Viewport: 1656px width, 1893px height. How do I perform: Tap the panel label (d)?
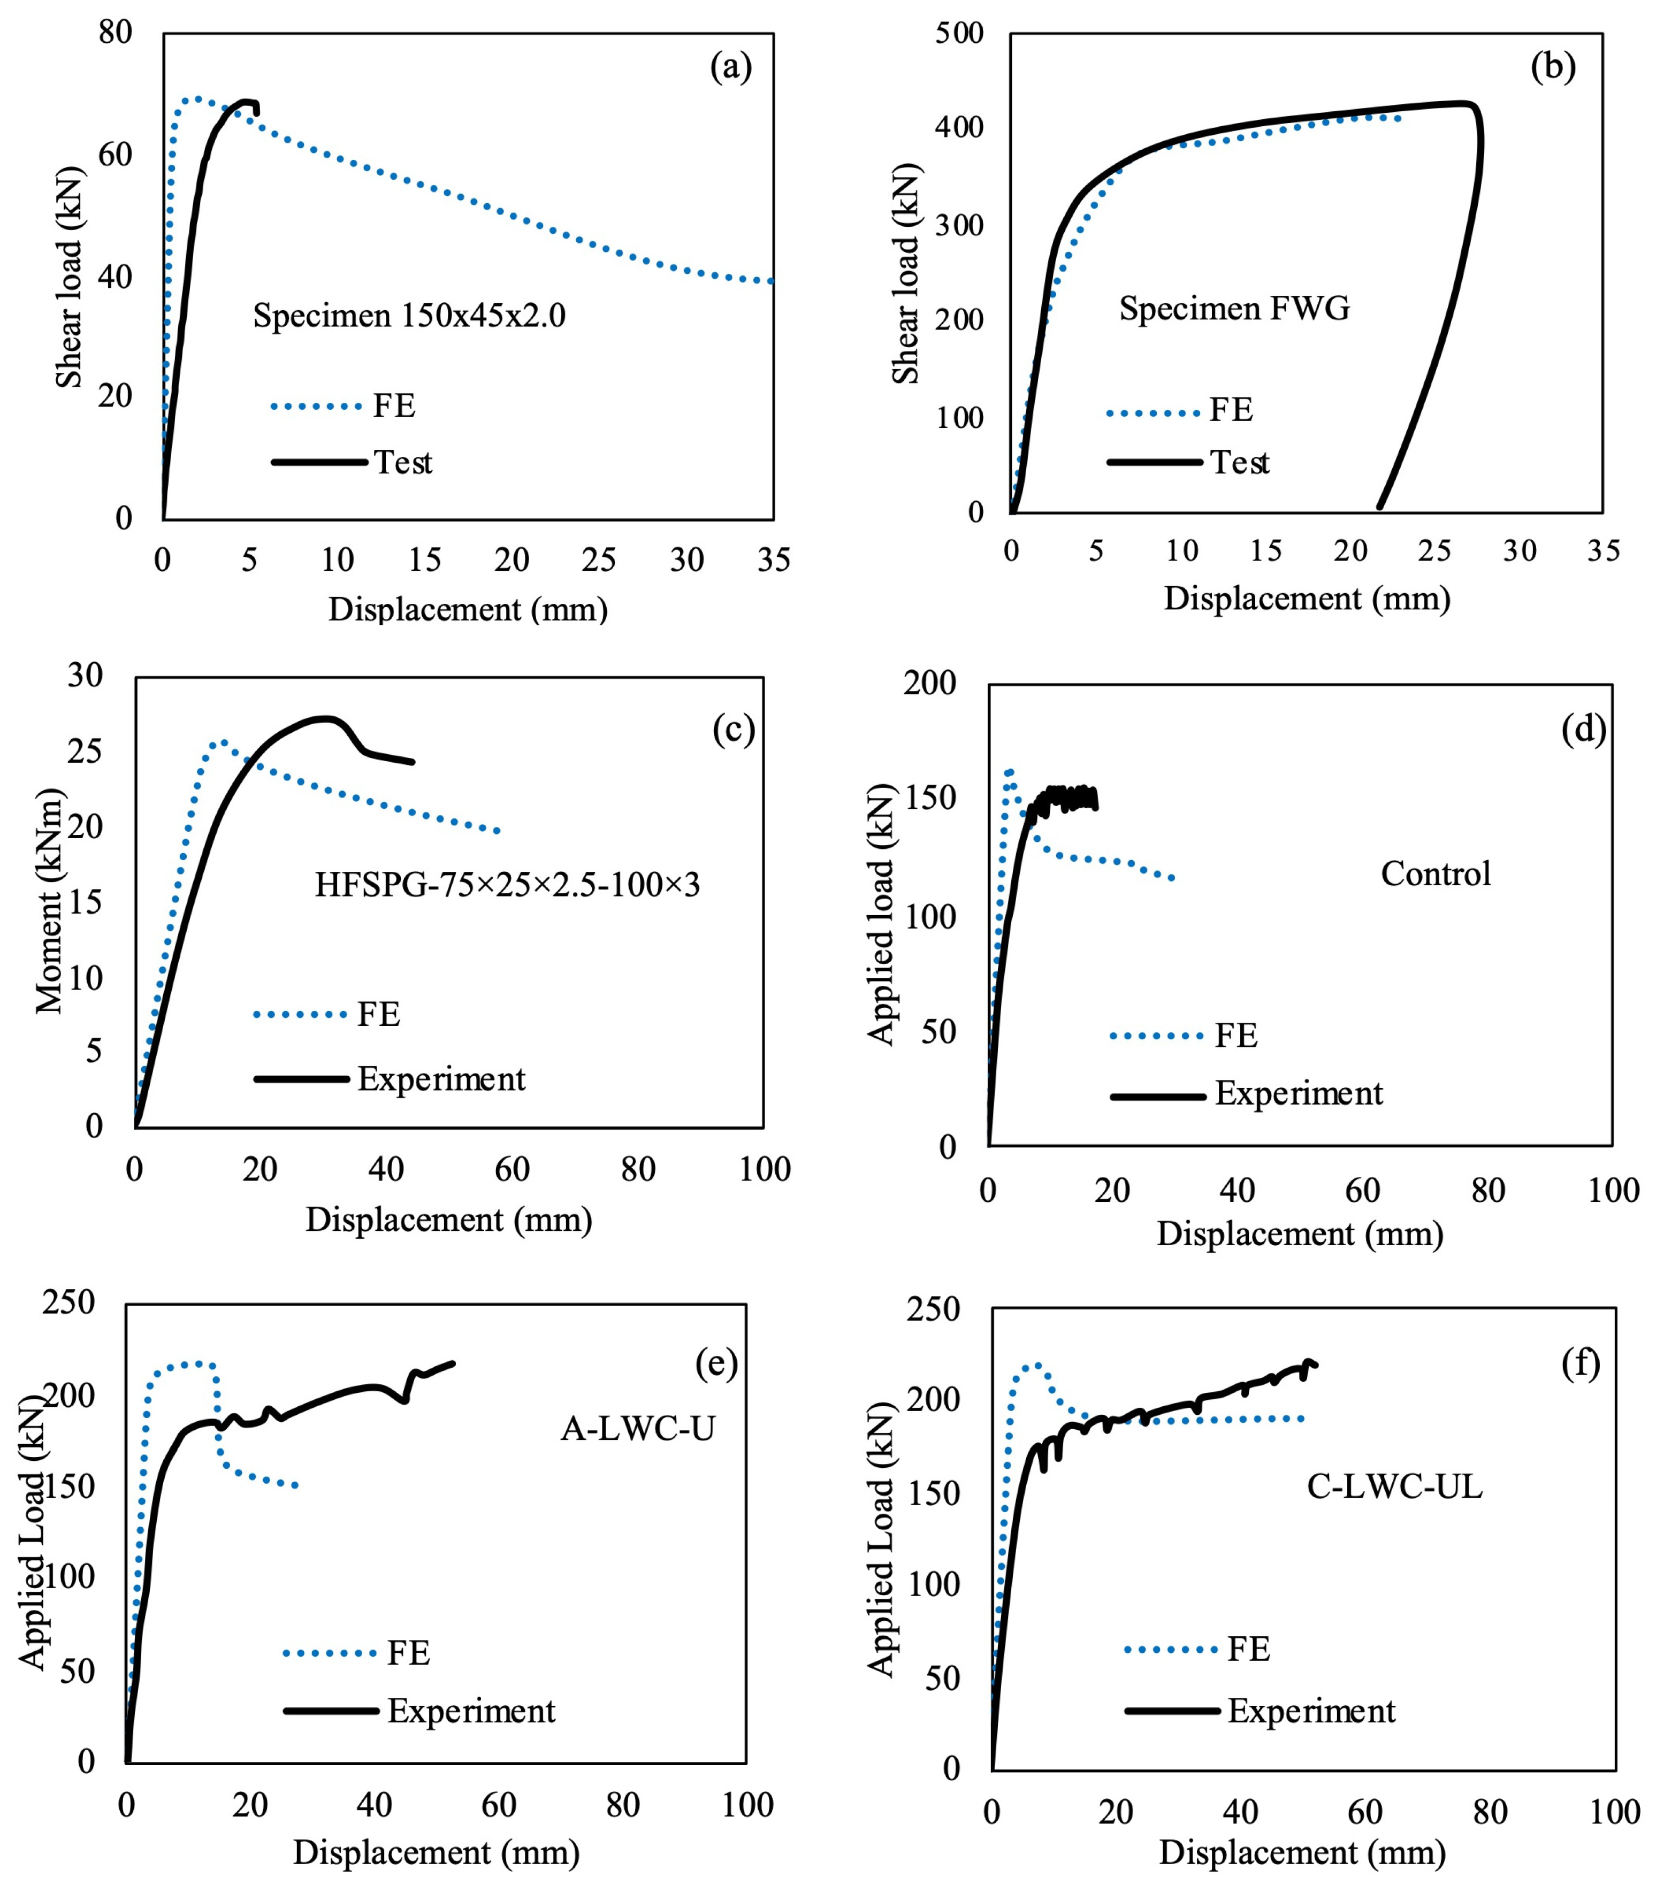tap(1583, 729)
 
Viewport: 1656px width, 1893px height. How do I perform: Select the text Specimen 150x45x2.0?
tap(409, 316)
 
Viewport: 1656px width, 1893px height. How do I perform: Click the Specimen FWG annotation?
tap(1234, 308)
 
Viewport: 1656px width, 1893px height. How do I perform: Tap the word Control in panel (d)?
tap(1435, 873)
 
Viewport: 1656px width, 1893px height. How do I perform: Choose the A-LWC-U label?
tap(638, 1428)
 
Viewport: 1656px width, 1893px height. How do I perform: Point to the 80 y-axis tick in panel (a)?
tap(116, 33)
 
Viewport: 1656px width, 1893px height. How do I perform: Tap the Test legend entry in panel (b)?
tap(1239, 462)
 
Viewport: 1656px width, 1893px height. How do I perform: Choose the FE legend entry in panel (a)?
tap(394, 405)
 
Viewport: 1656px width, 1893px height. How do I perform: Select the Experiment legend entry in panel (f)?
tap(1310, 1711)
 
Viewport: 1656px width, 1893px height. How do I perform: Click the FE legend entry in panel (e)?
tap(408, 1653)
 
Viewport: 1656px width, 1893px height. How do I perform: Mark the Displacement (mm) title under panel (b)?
tap(1307, 599)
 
